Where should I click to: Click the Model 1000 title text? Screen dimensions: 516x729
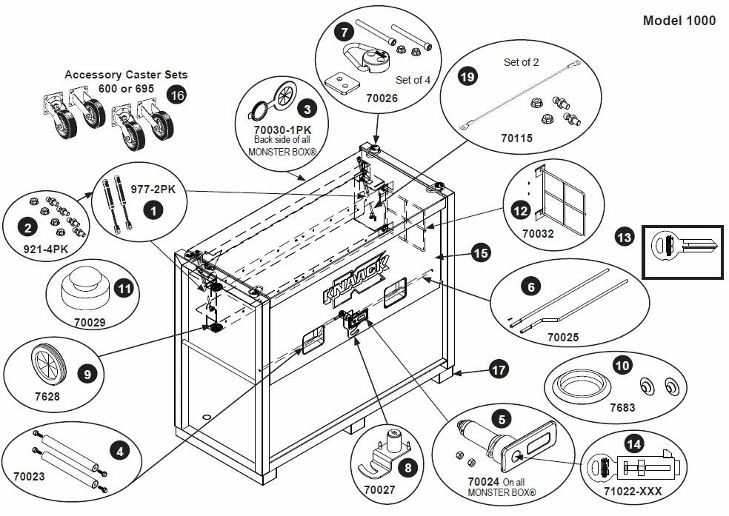coord(679,21)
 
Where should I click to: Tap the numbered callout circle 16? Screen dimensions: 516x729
coord(176,95)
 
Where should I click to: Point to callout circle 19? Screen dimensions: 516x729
coord(467,76)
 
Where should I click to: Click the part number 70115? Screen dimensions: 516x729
coord(516,138)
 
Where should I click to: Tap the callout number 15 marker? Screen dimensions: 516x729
coord(481,254)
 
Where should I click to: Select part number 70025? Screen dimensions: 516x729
coord(563,338)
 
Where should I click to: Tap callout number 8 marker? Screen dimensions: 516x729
coord(406,467)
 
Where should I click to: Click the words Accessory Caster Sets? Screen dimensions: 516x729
coord(126,75)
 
